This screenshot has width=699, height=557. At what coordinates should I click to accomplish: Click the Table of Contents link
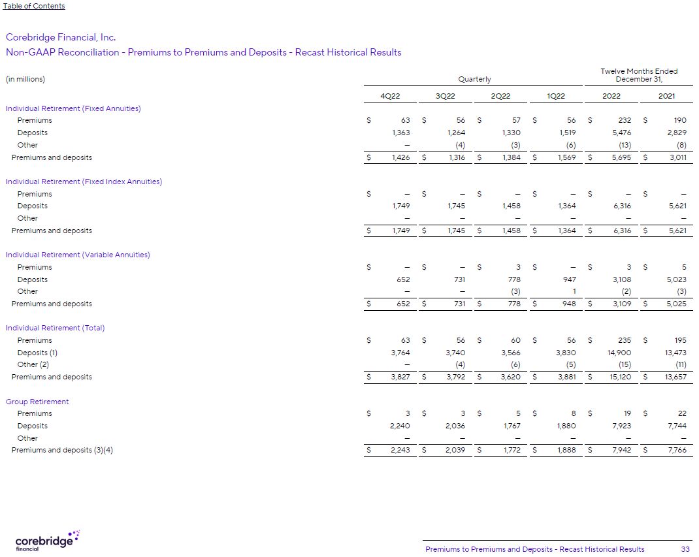(x=34, y=6)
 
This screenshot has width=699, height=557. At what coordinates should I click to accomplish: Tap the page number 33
(x=685, y=549)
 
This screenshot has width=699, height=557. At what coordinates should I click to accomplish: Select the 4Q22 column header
(x=390, y=96)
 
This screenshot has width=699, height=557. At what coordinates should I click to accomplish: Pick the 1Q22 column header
(x=556, y=96)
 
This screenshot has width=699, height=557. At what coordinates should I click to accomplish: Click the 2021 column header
(x=666, y=96)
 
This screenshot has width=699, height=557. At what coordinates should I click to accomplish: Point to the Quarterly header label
(x=474, y=79)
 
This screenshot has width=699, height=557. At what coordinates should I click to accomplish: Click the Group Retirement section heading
(x=37, y=402)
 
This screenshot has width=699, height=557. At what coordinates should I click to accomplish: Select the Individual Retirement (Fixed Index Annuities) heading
(x=84, y=182)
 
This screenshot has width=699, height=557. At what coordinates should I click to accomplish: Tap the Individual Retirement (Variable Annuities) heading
(x=78, y=255)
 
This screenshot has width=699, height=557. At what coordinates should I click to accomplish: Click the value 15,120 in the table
(x=621, y=377)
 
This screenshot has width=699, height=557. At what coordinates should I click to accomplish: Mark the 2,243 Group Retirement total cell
(x=398, y=450)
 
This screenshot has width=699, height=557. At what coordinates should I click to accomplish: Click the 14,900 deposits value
(x=619, y=353)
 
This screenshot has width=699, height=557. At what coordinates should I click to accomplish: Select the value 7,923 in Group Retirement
(x=621, y=426)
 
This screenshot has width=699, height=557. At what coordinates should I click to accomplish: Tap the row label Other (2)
(x=33, y=364)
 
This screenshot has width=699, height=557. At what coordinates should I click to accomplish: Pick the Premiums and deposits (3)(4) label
(x=62, y=450)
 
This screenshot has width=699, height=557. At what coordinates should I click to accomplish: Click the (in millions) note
(x=25, y=79)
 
